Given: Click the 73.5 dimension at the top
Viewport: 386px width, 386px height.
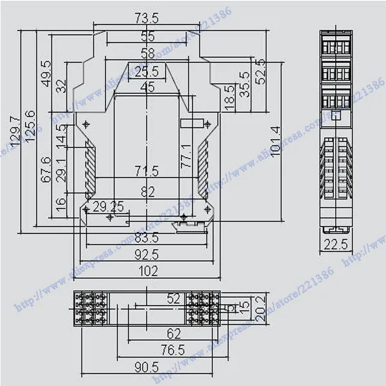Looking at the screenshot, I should click(148, 17).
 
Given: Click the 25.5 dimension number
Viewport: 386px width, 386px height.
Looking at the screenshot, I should click(147, 71).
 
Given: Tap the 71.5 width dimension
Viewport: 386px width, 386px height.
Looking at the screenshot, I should click(147, 172).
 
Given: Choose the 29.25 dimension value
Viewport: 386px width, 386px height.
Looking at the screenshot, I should click(108, 207).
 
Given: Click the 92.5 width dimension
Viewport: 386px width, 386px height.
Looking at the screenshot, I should click(147, 255).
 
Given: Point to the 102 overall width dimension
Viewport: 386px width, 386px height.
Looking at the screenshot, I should click(147, 271).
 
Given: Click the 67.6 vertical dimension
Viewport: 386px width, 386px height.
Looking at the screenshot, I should click(46, 170).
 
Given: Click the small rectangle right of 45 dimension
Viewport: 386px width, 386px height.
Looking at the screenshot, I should click(191, 122).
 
